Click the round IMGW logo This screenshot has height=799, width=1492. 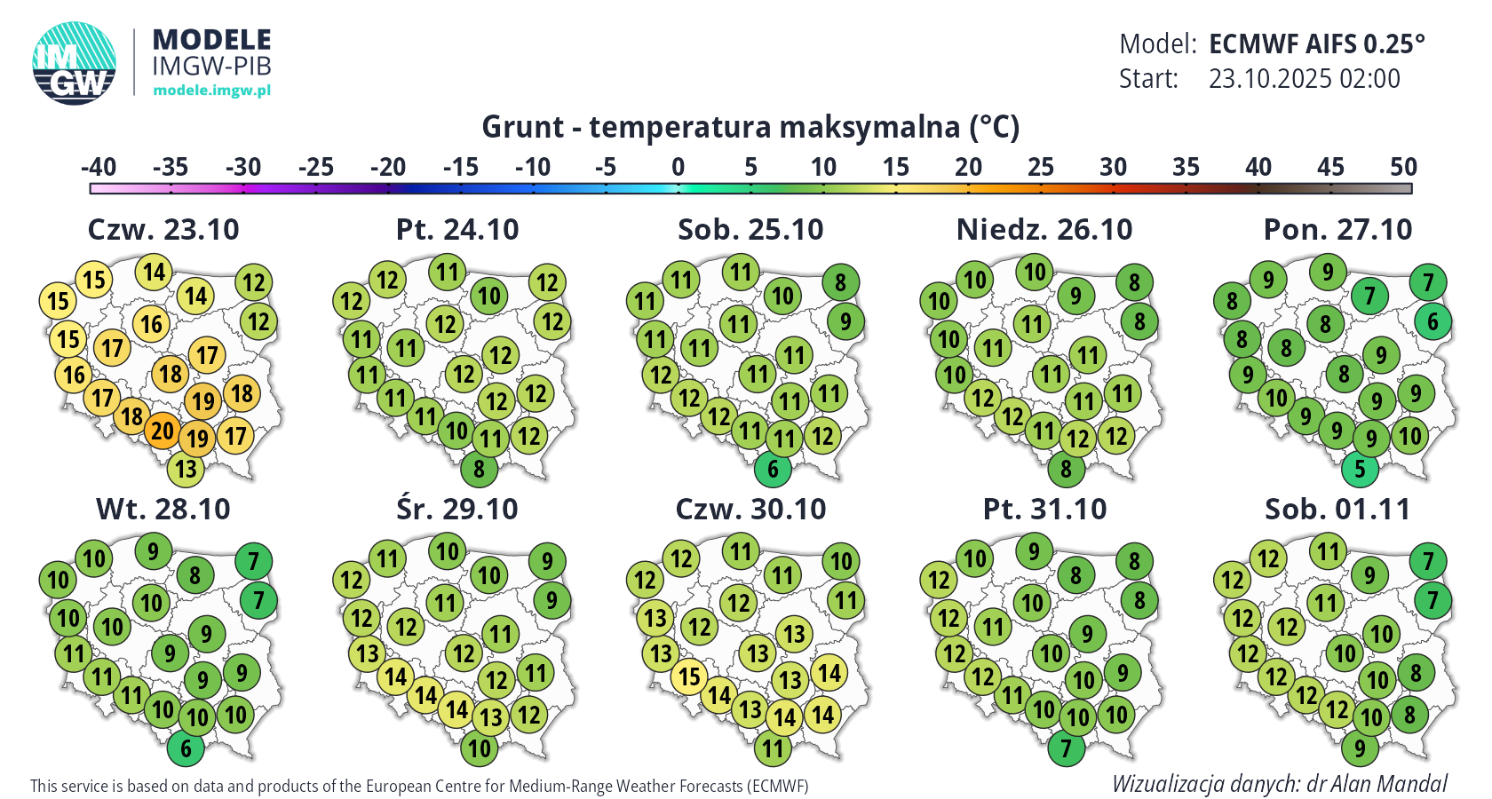point(75,63)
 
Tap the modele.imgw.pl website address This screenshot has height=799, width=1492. point(211,90)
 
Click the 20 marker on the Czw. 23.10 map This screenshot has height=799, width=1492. point(162,431)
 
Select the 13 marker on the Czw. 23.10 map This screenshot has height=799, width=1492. point(186,468)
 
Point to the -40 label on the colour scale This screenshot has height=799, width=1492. point(99,167)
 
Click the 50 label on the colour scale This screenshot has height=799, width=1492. point(1403,167)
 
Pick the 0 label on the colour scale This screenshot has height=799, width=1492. point(678,167)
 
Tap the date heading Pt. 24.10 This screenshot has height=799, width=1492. point(457,229)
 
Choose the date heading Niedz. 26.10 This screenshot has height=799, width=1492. point(1044,229)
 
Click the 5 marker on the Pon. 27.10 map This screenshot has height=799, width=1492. point(1360,468)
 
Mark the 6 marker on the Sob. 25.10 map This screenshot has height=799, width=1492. point(773,468)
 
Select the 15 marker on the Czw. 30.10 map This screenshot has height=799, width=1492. point(690,676)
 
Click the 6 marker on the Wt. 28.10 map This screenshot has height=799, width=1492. point(186,748)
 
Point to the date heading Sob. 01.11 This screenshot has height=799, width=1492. point(1337,509)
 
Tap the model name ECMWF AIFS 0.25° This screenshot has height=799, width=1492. point(1317,44)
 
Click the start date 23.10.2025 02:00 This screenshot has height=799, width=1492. point(1304,79)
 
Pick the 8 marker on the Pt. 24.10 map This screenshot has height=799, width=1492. point(479,468)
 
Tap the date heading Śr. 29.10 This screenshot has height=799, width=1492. point(457,509)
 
